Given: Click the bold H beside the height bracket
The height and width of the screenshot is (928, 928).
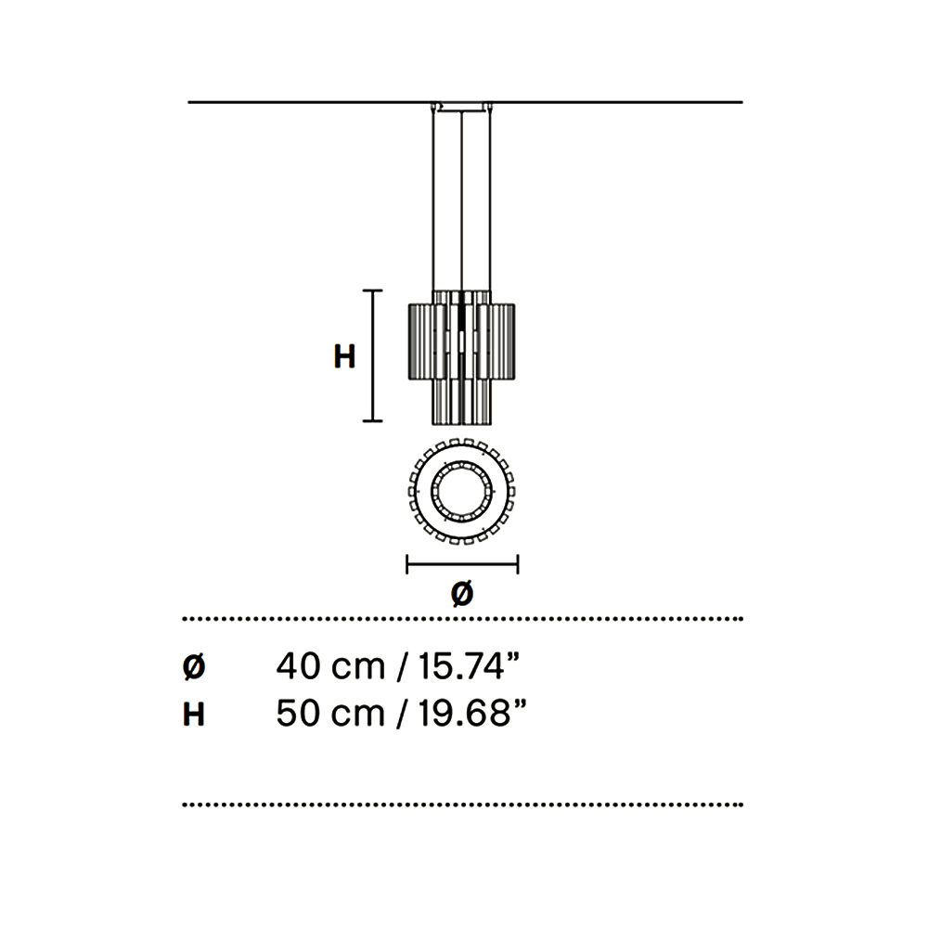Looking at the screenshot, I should (x=344, y=356).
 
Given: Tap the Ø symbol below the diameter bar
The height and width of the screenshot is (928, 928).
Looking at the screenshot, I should (x=462, y=594).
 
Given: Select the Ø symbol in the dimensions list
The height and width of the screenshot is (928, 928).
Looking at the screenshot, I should (x=193, y=666).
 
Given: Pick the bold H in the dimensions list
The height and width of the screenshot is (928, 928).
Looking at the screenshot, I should (x=193, y=715).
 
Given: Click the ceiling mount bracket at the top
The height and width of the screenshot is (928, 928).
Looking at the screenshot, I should (x=461, y=106).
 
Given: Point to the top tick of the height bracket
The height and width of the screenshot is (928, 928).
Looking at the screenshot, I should (x=372, y=291).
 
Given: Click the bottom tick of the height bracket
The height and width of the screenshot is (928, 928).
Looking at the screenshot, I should (x=372, y=421).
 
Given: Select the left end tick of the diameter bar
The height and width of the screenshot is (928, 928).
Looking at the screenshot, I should (x=407, y=563).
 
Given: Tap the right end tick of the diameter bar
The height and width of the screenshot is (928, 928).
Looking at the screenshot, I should (x=518, y=563).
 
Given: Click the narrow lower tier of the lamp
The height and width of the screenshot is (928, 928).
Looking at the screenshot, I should (x=462, y=401).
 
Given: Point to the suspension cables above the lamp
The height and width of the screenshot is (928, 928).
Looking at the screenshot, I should (x=461, y=204).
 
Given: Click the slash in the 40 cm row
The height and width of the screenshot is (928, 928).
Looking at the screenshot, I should (x=402, y=666).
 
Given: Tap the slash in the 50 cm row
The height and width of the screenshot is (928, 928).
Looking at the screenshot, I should (x=402, y=715).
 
